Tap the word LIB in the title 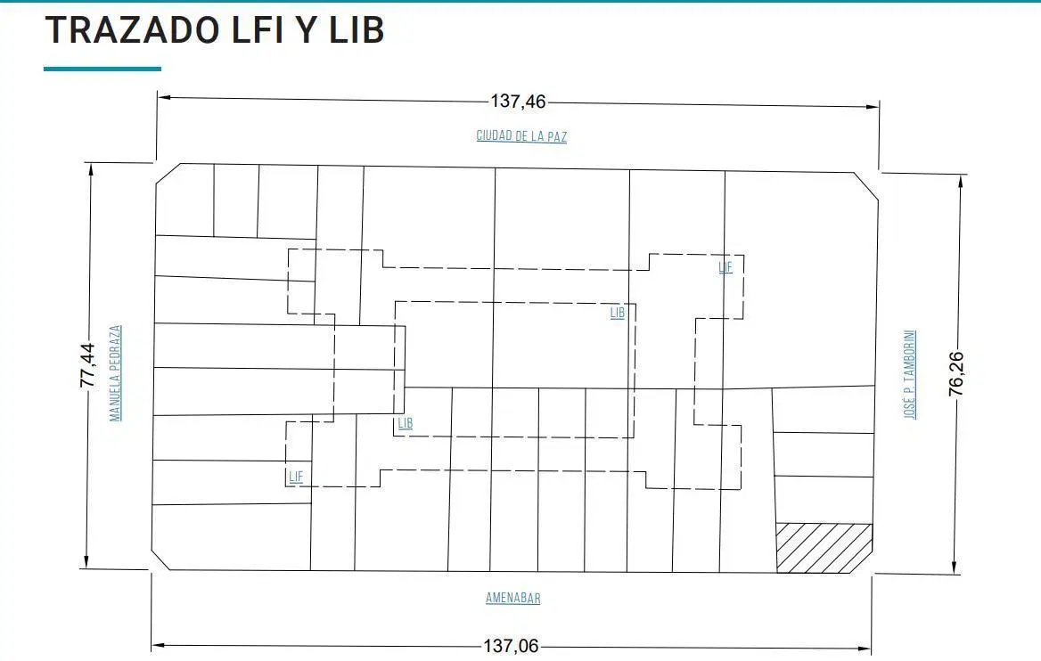357,29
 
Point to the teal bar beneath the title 102,69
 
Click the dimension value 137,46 518,102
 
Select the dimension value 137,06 511,646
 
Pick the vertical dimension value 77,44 87,365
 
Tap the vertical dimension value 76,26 955,374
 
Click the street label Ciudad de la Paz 521,136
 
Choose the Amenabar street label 512,598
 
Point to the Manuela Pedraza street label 116,373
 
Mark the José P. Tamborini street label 910,374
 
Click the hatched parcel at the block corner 824,548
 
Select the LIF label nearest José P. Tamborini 725,266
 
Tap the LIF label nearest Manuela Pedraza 296,477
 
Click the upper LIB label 618,313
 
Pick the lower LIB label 405,423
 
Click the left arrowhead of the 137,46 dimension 165,98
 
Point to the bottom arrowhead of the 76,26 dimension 954,567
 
